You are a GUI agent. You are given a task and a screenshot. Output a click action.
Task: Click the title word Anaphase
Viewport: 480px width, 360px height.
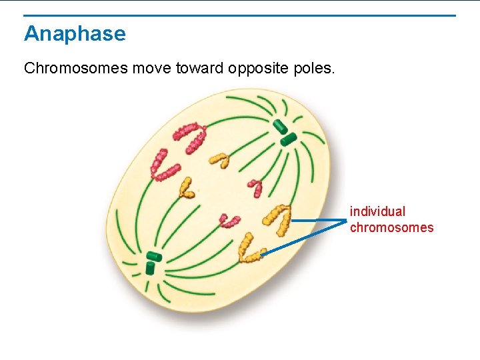point(75,34)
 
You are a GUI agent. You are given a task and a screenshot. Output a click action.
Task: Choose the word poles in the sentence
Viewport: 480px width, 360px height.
point(313,69)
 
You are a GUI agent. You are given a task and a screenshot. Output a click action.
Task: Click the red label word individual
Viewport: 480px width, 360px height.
point(377,211)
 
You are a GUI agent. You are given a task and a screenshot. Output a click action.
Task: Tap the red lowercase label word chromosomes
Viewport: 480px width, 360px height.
point(391,227)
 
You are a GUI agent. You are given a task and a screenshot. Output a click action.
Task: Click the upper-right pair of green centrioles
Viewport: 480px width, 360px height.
point(283,133)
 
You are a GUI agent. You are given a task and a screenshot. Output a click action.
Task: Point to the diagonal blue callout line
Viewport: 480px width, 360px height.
point(303,238)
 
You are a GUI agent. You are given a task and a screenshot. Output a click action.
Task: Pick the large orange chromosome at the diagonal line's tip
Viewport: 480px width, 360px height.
point(247,248)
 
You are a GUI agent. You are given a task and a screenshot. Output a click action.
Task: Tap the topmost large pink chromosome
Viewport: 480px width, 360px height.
point(191,135)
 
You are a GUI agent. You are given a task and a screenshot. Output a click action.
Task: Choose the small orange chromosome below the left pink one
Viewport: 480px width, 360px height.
point(186,188)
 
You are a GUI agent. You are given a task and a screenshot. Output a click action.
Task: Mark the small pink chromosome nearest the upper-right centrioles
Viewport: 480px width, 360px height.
point(255,187)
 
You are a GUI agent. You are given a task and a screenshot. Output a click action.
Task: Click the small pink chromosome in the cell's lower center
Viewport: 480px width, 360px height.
point(229,221)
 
